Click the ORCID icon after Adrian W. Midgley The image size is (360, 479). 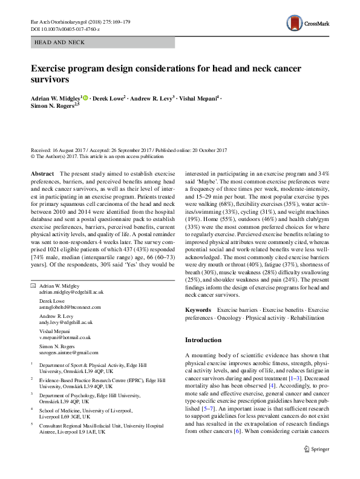(x=85, y=97)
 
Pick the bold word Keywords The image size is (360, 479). (x=198, y=309)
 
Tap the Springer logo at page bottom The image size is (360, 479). (x=317, y=466)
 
